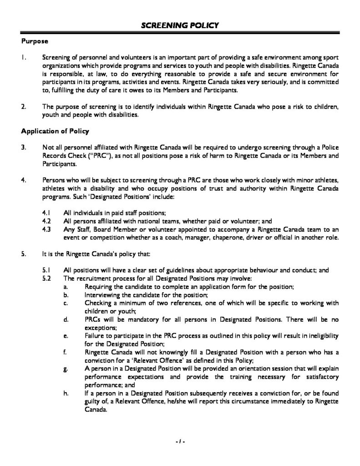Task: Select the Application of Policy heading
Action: tap(55, 132)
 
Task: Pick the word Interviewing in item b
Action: tap(103, 294)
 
